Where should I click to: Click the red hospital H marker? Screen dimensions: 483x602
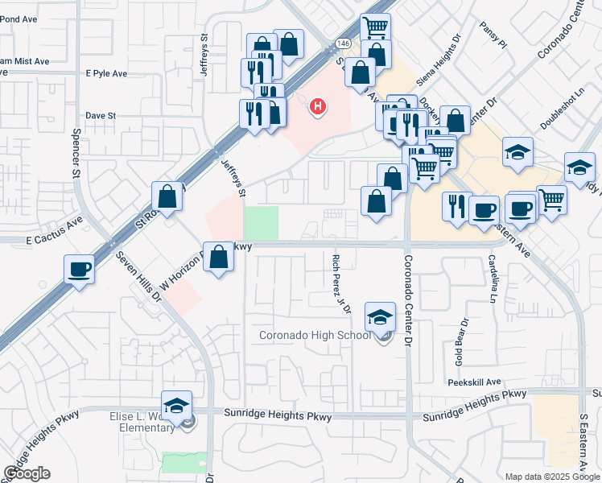coord(319,105)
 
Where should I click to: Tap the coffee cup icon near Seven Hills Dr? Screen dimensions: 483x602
coord(80,270)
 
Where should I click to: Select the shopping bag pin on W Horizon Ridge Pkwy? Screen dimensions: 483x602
coord(219,258)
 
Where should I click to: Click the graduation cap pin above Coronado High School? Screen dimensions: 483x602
coord(381,318)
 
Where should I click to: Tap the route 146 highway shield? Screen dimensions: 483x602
coord(344,43)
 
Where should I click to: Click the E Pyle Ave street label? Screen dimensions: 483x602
coord(106,73)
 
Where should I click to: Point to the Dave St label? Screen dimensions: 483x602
coord(101,116)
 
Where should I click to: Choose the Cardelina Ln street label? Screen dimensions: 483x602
coord(492,279)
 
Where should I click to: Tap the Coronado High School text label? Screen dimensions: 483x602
coord(315,336)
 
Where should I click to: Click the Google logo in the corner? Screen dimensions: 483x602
coord(27,473)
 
